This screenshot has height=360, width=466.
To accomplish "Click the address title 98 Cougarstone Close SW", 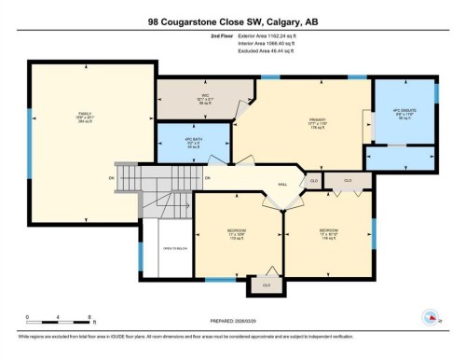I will [232, 21].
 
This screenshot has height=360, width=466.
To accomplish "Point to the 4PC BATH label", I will [193, 143].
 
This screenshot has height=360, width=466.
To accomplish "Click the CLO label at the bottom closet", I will [267, 284].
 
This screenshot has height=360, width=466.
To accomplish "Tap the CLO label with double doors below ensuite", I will [348, 181].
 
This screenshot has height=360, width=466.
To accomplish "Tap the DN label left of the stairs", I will [111, 177].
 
